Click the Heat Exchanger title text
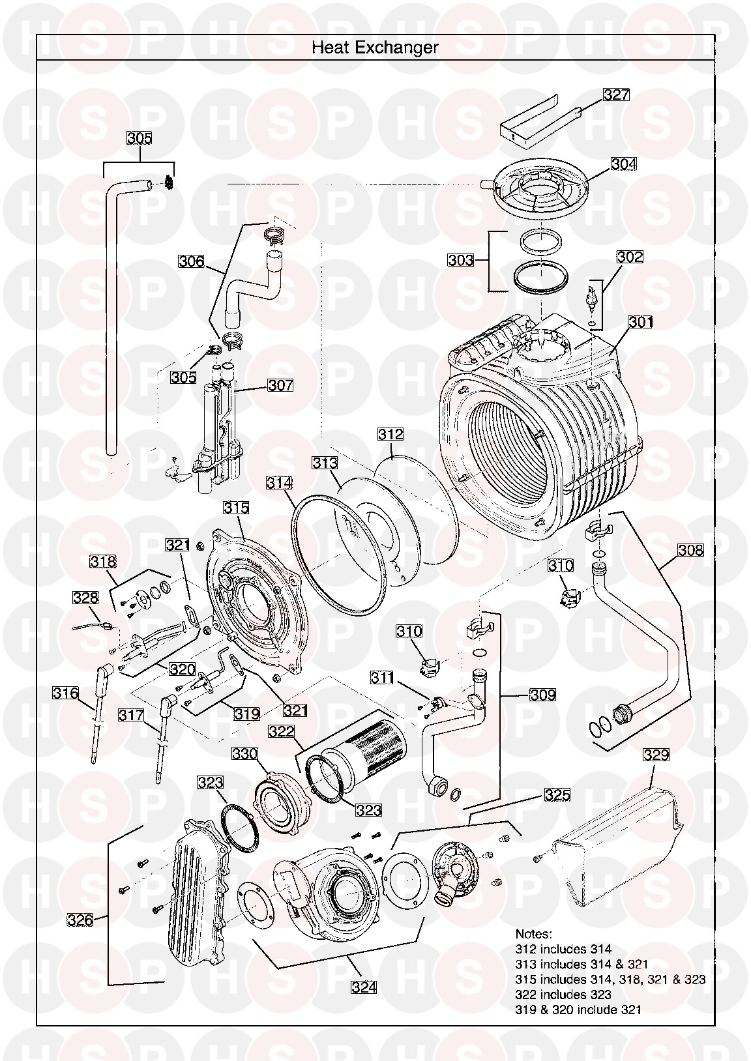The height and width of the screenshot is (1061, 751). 375,47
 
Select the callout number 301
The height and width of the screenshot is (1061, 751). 641,322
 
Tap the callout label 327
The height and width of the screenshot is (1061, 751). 615,95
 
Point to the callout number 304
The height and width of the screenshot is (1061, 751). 624,164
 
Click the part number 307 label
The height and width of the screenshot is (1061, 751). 280,385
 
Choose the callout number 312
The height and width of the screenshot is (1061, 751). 390,434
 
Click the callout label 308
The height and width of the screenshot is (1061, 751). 690,550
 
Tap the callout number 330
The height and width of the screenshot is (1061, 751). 244,754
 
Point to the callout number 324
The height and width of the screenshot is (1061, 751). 364,987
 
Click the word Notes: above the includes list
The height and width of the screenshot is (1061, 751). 533,934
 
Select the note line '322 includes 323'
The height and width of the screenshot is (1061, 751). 563,995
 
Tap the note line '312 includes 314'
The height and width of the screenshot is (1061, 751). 563,950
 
